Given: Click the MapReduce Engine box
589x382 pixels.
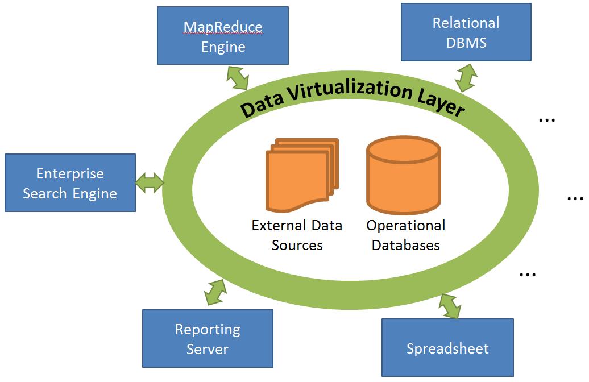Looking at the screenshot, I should (223, 35).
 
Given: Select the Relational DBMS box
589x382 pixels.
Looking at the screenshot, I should (466, 32).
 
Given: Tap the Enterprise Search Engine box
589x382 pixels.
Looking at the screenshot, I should (70, 183).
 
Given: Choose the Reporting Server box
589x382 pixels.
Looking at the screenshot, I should (208, 338).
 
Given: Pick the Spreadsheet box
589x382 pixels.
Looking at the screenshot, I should (447, 347).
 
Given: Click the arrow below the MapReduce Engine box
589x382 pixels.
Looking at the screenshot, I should (238, 77).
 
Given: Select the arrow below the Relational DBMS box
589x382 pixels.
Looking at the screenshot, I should (466, 77).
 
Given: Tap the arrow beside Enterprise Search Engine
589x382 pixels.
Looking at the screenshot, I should (150, 182).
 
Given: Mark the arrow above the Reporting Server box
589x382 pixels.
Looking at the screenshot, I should (215, 292).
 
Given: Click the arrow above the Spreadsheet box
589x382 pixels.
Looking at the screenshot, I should (450, 306).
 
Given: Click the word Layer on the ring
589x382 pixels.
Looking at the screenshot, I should (441, 103).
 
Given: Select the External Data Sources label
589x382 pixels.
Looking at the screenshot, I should (297, 235).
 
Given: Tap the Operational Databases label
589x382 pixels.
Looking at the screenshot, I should (405, 235).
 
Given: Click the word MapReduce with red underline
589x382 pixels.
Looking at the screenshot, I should (223, 27).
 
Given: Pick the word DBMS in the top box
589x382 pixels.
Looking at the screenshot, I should (466, 42).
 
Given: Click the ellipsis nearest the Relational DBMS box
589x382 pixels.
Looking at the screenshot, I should (546, 120).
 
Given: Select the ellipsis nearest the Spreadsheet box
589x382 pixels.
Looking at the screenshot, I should (528, 275).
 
